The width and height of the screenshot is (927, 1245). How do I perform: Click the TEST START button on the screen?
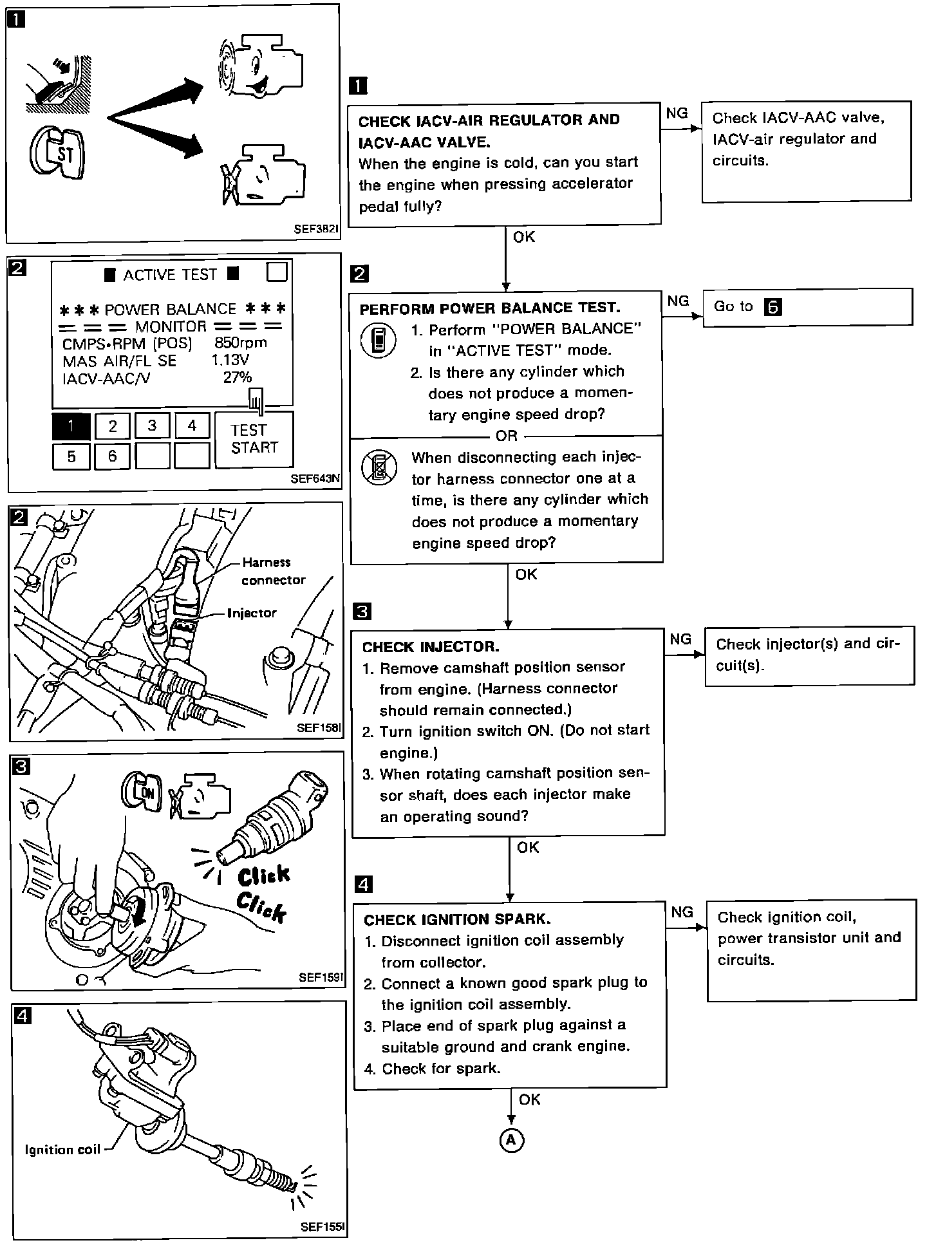click(254, 439)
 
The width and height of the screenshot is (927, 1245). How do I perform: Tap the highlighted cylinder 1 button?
click(71, 426)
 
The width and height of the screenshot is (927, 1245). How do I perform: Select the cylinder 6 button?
click(112, 456)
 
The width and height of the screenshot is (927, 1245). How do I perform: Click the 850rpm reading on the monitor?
click(240, 343)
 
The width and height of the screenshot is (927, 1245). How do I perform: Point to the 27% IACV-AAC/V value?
click(238, 377)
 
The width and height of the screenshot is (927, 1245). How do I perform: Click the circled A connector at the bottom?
click(512, 1140)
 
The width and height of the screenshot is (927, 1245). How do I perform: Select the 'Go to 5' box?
click(807, 307)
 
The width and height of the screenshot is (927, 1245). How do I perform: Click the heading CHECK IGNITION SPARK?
click(457, 919)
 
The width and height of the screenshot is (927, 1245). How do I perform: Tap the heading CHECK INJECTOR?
click(431, 646)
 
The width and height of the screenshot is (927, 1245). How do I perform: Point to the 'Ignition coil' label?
click(62, 1150)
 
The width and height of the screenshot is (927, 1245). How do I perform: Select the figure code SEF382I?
click(316, 229)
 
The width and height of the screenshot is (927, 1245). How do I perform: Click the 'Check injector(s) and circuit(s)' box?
click(809, 655)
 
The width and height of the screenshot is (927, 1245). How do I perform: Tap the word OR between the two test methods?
click(507, 436)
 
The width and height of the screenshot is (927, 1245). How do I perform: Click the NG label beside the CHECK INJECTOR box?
click(680, 639)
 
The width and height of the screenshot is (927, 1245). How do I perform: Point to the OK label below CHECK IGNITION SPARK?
click(530, 1099)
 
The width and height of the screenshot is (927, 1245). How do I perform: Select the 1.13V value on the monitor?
click(230, 360)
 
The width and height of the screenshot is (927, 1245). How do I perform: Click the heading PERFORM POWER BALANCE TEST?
click(489, 308)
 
